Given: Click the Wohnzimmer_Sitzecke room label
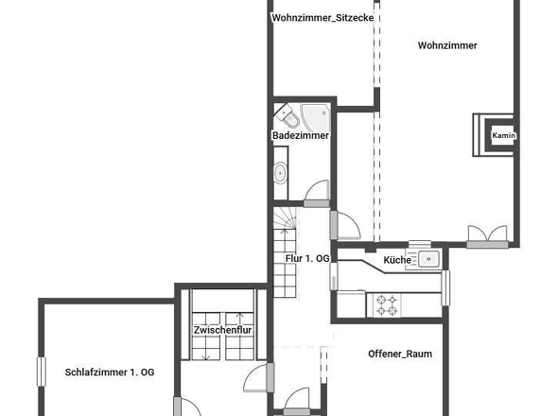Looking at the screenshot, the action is [323, 18].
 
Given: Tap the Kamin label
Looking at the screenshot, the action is [503, 135].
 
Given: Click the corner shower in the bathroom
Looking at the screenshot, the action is [316, 116].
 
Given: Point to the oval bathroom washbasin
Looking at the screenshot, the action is [281, 173].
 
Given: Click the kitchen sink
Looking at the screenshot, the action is [428, 259].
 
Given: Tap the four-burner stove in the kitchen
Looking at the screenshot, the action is [387, 305].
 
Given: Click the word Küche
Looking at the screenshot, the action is [397, 260].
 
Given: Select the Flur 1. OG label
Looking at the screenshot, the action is [307, 258].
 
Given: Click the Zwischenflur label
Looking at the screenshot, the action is [223, 330].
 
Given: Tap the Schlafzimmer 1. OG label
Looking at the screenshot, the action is [110, 373].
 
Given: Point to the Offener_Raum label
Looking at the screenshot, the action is [400, 354].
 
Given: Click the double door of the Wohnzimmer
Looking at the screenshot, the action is [487, 236].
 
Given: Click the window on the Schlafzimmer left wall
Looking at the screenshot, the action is [42, 372].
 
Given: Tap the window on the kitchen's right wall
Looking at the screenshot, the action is [445, 287].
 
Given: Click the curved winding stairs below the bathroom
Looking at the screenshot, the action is [285, 217].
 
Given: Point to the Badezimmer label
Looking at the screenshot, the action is [301, 135].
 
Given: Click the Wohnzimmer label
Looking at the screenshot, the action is [447, 45].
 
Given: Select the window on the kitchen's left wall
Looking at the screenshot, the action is [334, 276].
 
